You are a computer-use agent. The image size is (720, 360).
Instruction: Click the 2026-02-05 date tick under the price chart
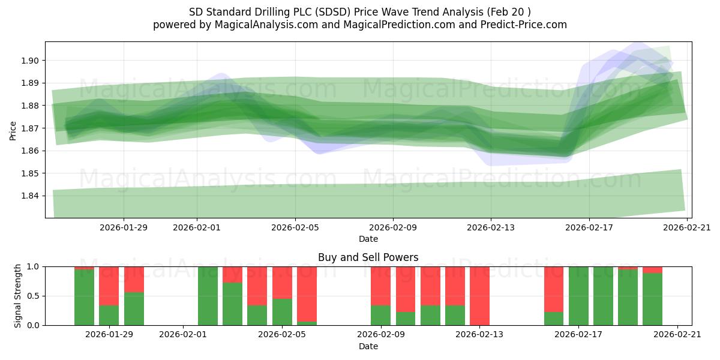[295, 227]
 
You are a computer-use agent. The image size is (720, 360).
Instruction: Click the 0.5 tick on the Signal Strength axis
[33, 296]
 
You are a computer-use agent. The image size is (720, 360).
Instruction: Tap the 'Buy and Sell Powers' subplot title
[368, 257]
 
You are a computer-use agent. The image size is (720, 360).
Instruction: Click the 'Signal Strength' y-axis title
[18, 296]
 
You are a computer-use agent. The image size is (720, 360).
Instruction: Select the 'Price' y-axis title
[13, 130]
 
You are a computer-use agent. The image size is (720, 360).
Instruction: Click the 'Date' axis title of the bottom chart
[368, 346]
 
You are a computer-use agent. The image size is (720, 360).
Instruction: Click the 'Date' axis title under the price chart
[368, 239]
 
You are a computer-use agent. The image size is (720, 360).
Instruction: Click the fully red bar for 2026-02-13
[479, 296]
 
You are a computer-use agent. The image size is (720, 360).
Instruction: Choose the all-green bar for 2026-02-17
[578, 296]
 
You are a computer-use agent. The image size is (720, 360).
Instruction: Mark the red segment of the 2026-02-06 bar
[307, 293]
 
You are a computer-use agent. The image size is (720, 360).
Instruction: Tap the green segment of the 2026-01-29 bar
[109, 315]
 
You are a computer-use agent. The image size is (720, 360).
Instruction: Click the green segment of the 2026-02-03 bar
[232, 304]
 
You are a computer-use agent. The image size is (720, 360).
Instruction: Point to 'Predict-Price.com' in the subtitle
[525, 25]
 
